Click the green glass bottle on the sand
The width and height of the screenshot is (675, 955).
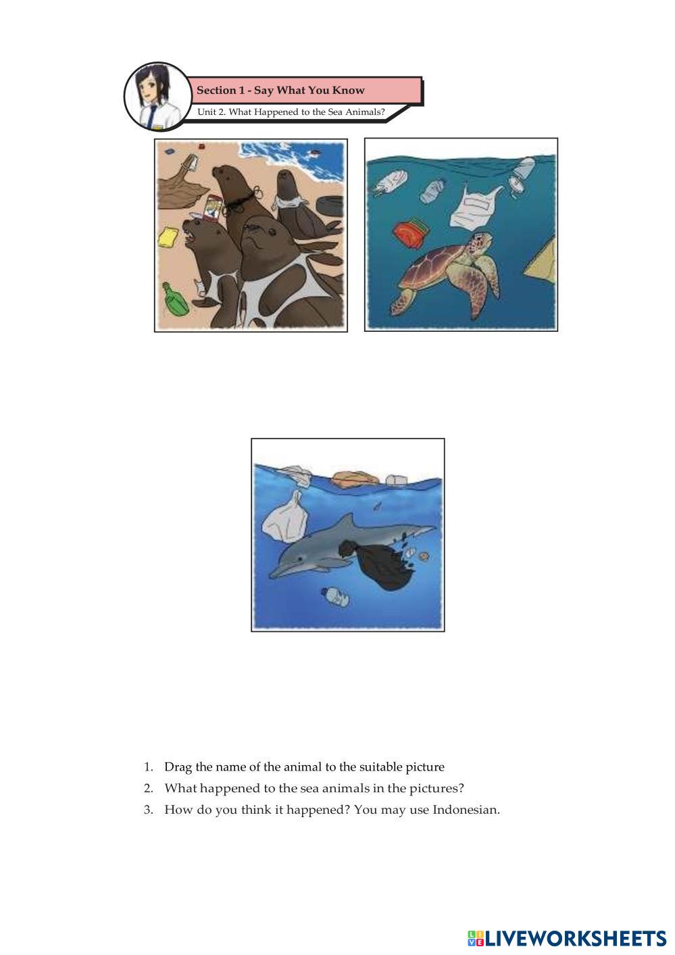175,299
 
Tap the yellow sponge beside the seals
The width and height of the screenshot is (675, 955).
168,237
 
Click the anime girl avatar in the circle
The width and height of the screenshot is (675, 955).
157,97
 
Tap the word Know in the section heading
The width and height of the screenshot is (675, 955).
348,91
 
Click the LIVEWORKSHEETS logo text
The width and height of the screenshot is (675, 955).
576,938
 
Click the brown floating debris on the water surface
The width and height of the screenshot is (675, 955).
355,479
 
